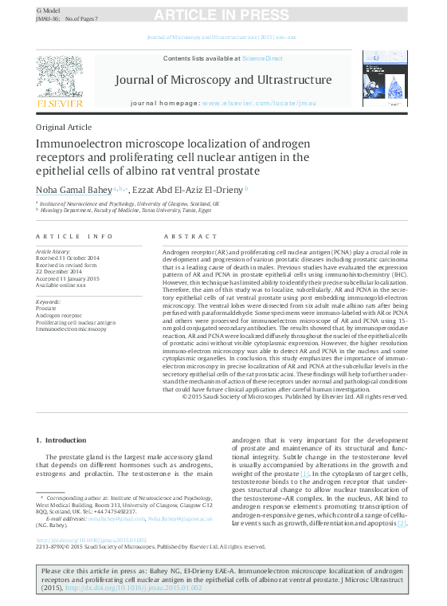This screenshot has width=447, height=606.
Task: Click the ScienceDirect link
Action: pos(262,58)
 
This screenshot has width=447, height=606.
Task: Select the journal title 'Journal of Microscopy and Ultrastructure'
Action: pos(223,80)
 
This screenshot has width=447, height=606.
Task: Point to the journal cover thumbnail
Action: pos(385,79)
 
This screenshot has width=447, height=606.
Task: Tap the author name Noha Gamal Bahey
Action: pos(73,189)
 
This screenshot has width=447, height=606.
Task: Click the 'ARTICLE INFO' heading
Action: pos(68,237)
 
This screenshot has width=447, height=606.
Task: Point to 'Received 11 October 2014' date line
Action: pos(69,258)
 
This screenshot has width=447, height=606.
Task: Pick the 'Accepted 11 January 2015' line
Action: pos(68,278)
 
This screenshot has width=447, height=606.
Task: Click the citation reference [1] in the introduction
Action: pos(304,474)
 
